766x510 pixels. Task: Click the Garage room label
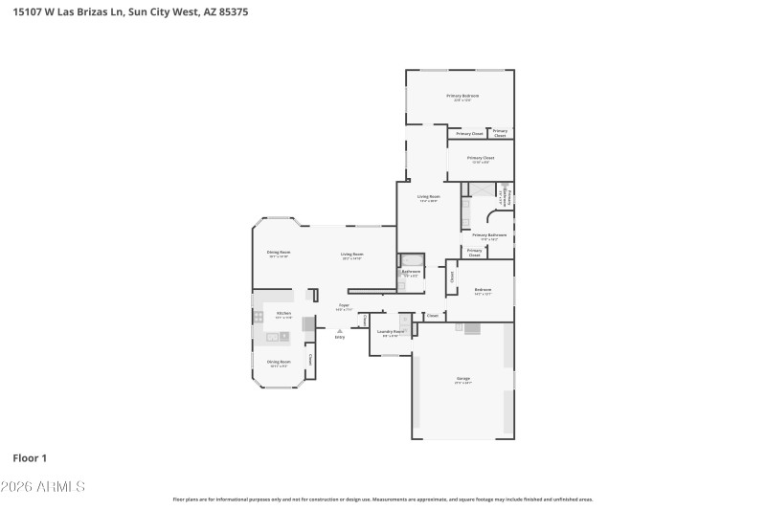[x=462, y=380]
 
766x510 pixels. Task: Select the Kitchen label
[x=283, y=314]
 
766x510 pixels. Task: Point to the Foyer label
[x=343, y=305]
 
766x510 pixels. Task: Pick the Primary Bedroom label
[x=462, y=96]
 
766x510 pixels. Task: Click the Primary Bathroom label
[x=488, y=234]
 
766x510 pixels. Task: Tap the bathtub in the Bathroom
[x=412, y=259]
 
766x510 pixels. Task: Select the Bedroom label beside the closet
[x=483, y=289]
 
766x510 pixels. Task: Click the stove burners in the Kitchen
[x=283, y=335]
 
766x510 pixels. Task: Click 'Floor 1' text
[x=30, y=458]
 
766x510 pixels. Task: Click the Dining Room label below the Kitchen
[x=279, y=362]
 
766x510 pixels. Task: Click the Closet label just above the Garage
[x=432, y=315]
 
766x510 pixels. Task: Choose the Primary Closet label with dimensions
[x=481, y=158]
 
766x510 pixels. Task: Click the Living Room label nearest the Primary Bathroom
[x=428, y=196]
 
